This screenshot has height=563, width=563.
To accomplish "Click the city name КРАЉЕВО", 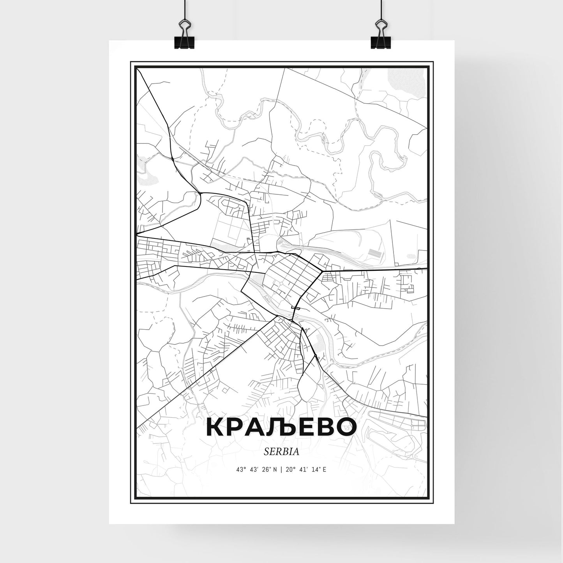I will coord(281,427).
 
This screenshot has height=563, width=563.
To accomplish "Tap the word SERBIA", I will coord(281,452).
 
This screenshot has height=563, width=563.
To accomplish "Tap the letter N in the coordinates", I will coord(275,470).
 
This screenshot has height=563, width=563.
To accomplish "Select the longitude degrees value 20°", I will coord(291,470).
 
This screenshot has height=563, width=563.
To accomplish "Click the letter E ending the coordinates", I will coord(325,470).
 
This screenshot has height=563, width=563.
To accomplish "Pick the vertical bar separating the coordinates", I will coord(282,470).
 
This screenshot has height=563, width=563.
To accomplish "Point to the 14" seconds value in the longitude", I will coord(314,470).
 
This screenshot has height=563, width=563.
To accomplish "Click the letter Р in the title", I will coord(235,427).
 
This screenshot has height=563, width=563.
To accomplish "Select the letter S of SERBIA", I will coord(266,452).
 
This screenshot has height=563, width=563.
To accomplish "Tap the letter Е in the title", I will coord(304,427).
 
